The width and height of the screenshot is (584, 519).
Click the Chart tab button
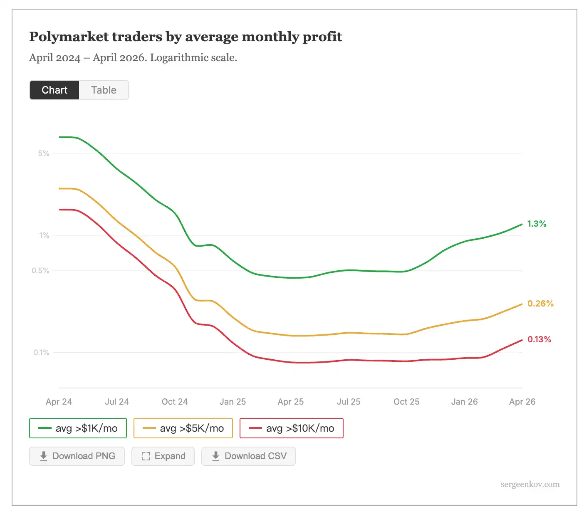(x=54, y=90)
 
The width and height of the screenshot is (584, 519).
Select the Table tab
(x=104, y=90)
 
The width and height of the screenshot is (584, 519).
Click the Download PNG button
(x=77, y=456)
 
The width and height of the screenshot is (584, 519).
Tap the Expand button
(x=163, y=456)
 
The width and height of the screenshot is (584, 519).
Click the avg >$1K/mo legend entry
(x=78, y=428)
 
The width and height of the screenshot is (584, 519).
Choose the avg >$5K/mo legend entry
(x=183, y=428)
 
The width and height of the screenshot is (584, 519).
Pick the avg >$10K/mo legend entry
(x=292, y=428)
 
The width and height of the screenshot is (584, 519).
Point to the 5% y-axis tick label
(x=44, y=153)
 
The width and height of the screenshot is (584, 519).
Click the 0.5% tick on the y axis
(x=40, y=271)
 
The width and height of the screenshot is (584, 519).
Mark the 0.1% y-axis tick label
(x=41, y=353)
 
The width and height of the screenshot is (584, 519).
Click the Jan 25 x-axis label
(x=233, y=402)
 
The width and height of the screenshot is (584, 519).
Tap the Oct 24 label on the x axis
(x=175, y=402)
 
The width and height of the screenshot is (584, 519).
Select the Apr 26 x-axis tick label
(x=522, y=402)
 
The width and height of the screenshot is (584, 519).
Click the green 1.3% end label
(x=537, y=224)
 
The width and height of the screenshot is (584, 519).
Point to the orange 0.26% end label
(x=540, y=304)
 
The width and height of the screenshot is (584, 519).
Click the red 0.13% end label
(x=539, y=339)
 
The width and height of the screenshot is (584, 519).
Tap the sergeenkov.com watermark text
(x=530, y=484)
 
